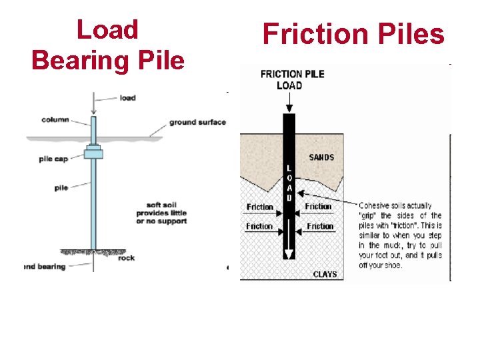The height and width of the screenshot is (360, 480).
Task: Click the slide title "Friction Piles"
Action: [353, 34]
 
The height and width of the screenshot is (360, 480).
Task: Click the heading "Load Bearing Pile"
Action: [107, 45]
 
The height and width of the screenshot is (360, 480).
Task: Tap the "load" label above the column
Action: [127, 98]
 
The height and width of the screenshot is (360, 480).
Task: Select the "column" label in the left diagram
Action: [55, 120]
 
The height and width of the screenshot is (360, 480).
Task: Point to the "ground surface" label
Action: [197, 123]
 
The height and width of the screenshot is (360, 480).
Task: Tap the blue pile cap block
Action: [93, 153]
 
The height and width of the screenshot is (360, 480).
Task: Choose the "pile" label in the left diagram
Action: [61, 188]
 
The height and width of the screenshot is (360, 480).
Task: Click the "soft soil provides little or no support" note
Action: [161, 213]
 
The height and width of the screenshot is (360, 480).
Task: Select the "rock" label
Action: [126, 258]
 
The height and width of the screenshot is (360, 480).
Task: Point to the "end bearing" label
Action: [45, 267]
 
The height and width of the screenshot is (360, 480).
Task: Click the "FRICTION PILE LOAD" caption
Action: [292, 79]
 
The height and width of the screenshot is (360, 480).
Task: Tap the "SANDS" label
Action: [321, 157]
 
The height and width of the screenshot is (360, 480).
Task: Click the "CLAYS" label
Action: [325, 274]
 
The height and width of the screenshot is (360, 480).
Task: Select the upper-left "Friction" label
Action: [259, 207]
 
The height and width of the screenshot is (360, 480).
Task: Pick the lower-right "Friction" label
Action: [320, 227]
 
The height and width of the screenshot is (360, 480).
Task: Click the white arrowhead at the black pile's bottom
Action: [289, 254]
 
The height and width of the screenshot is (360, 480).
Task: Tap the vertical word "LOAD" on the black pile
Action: [289, 183]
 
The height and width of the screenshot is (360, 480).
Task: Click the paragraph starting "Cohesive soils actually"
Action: [400, 235]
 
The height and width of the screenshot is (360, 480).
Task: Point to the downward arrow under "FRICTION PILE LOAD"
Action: [289, 102]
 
